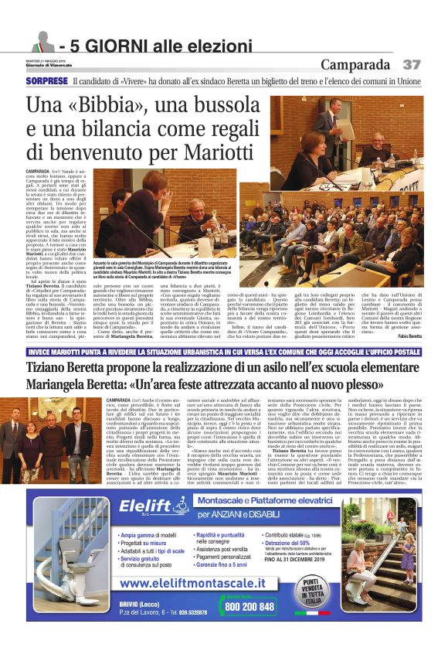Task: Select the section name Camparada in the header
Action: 356,64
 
